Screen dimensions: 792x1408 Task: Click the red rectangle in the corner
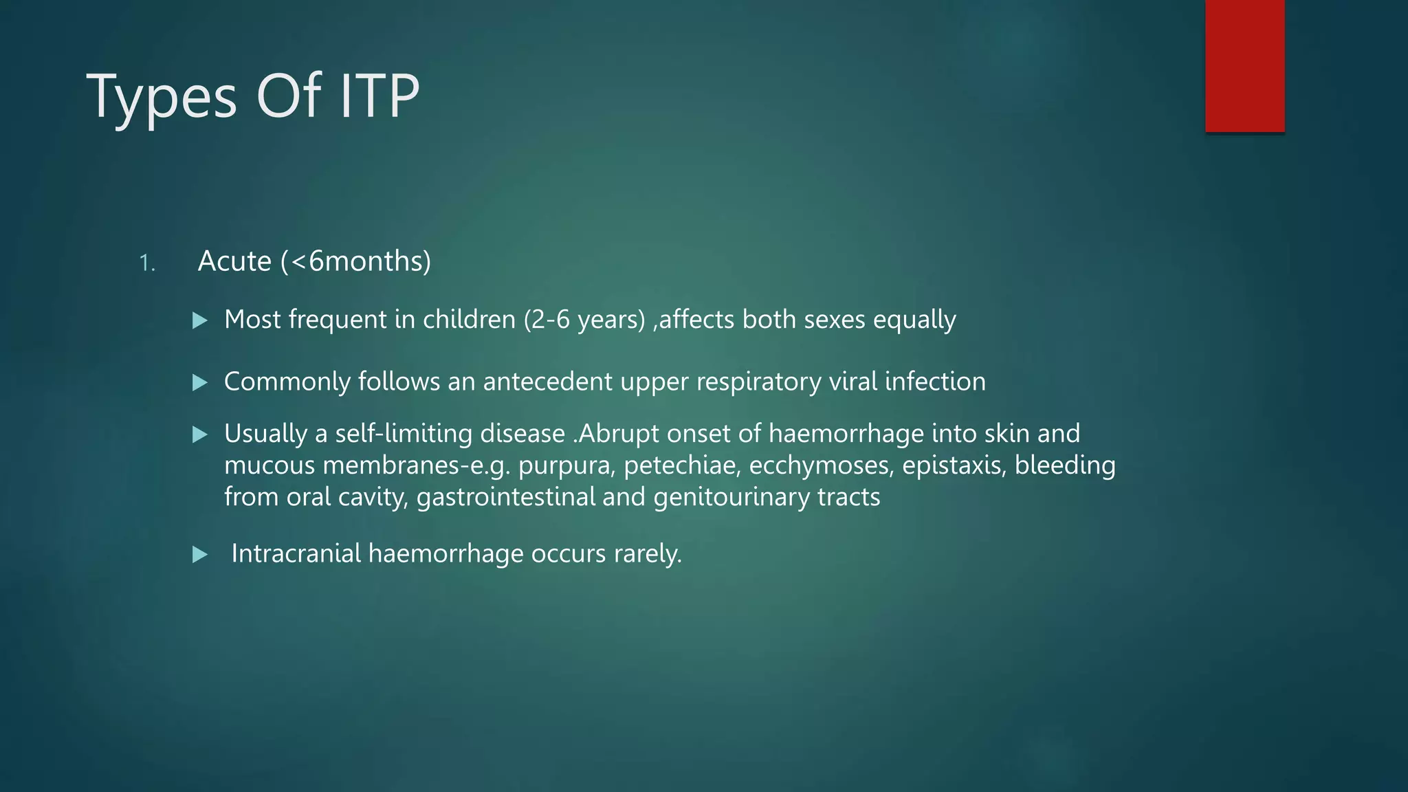pyautogui.click(x=1244, y=66)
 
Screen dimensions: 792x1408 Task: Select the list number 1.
pyautogui.click(x=146, y=263)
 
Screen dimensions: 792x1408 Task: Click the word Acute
pyautogui.click(x=234, y=261)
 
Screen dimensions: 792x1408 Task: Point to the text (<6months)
pyautogui.click(x=355, y=261)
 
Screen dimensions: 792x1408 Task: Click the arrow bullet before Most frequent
pyautogui.click(x=200, y=320)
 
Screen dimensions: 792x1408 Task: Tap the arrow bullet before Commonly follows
pyautogui.click(x=200, y=382)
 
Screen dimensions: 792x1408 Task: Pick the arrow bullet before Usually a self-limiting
pyautogui.click(x=200, y=434)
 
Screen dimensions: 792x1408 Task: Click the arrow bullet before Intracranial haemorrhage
pyautogui.click(x=200, y=554)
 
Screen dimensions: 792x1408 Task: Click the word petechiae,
pyautogui.click(x=682, y=466)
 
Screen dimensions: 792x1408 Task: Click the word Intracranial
pyautogui.click(x=296, y=553)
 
